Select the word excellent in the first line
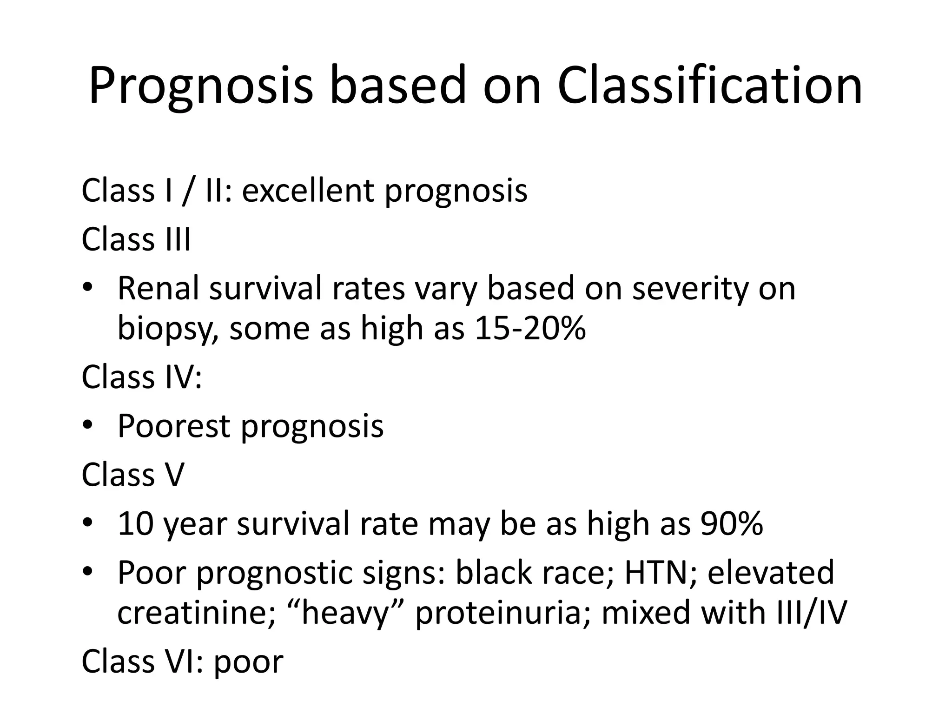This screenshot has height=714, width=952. [x=308, y=191]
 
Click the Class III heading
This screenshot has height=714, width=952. [x=136, y=240]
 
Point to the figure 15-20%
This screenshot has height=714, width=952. [x=529, y=329]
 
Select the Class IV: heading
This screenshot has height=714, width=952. [x=142, y=377]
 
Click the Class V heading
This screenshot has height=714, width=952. [x=133, y=475]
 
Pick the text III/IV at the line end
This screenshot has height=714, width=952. [x=812, y=613]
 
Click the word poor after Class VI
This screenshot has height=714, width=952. [x=248, y=662]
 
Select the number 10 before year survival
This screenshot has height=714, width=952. [x=135, y=524]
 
